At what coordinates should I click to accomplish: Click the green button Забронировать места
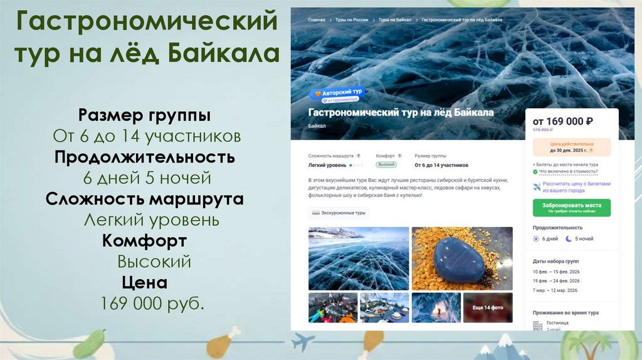pos(571,208)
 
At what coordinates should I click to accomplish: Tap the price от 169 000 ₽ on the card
pos(563,121)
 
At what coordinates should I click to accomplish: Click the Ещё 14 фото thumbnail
pos(488,308)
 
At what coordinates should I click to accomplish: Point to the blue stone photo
pos(462,258)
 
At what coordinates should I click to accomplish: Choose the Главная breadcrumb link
pos(317,20)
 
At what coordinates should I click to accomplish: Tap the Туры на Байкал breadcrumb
pos(395,20)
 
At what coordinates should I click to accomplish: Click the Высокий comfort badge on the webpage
pos(386,164)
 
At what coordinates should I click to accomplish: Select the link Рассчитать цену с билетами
pos(575,187)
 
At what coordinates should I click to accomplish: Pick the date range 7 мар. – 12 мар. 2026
pos(555,290)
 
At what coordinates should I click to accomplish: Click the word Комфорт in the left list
pos(145,240)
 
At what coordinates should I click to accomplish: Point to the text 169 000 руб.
pos(152,304)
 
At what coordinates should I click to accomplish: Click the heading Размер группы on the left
pos(144,115)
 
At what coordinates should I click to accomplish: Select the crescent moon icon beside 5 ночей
pos(569,239)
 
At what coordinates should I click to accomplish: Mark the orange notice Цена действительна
pos(571,147)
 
